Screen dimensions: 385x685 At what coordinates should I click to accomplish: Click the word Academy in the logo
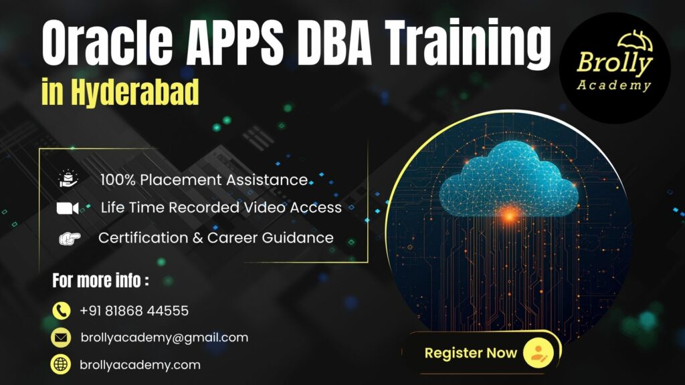click(615, 85)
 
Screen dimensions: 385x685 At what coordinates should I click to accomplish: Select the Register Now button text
click(470, 352)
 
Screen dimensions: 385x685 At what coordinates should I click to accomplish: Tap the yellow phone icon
click(61, 310)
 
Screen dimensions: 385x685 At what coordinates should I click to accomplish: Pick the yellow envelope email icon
click(61, 338)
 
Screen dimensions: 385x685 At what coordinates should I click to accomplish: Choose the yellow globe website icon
click(61, 365)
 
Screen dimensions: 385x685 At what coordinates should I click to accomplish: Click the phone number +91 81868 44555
click(134, 311)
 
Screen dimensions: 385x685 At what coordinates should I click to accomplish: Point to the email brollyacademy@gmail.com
click(164, 338)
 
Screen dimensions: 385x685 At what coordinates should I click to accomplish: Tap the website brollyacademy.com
click(140, 365)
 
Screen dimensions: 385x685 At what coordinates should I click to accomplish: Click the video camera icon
click(68, 208)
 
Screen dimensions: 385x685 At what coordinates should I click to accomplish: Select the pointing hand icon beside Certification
click(69, 238)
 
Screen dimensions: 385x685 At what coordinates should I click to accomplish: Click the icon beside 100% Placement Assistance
click(68, 179)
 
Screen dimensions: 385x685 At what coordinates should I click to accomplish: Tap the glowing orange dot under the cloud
click(510, 215)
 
